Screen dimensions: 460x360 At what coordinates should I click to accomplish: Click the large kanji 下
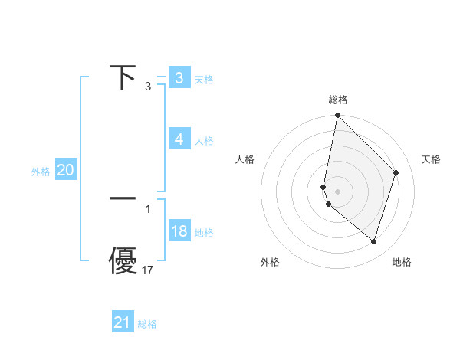click(x=123, y=78)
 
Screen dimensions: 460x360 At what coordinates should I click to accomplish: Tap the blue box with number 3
click(x=179, y=77)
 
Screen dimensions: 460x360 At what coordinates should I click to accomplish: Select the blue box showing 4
click(x=179, y=139)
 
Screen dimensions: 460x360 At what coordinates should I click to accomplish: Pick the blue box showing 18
click(x=179, y=231)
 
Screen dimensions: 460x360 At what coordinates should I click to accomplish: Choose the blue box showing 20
click(x=65, y=171)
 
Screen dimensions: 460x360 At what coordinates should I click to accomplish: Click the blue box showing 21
click(x=122, y=322)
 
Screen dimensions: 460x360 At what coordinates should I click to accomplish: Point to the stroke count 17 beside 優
click(x=148, y=270)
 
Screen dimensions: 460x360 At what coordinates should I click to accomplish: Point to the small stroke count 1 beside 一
click(x=148, y=208)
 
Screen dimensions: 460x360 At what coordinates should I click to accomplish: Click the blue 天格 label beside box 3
click(x=204, y=79)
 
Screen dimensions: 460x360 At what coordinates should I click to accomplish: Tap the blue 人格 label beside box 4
click(x=204, y=141)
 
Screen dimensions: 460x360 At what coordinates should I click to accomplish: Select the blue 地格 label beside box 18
click(x=204, y=233)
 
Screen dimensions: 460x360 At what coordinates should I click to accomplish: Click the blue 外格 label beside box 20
click(x=41, y=172)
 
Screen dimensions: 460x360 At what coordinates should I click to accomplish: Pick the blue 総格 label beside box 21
click(x=147, y=324)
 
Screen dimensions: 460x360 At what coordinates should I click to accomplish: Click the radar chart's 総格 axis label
click(x=338, y=100)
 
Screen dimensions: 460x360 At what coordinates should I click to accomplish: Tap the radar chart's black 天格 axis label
click(x=431, y=159)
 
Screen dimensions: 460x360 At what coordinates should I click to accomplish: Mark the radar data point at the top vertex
click(x=337, y=116)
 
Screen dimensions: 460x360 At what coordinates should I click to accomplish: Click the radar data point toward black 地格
click(x=374, y=242)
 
